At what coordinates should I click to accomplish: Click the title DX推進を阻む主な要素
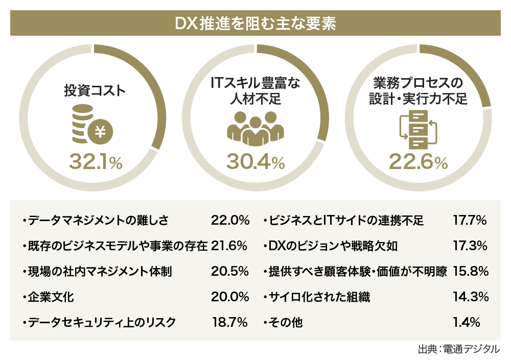[255, 24]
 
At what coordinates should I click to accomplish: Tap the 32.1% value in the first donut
[96, 162]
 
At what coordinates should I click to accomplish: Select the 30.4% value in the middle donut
[255, 162]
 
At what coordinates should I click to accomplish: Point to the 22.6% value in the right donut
[418, 162]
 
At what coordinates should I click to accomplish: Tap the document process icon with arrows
[418, 128]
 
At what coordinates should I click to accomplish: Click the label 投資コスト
[94, 91]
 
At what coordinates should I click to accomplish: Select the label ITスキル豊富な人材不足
[255, 90]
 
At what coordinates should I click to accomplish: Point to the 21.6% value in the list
[229, 246]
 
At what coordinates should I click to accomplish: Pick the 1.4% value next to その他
[467, 322]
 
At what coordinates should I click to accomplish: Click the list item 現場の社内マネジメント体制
[97, 271]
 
